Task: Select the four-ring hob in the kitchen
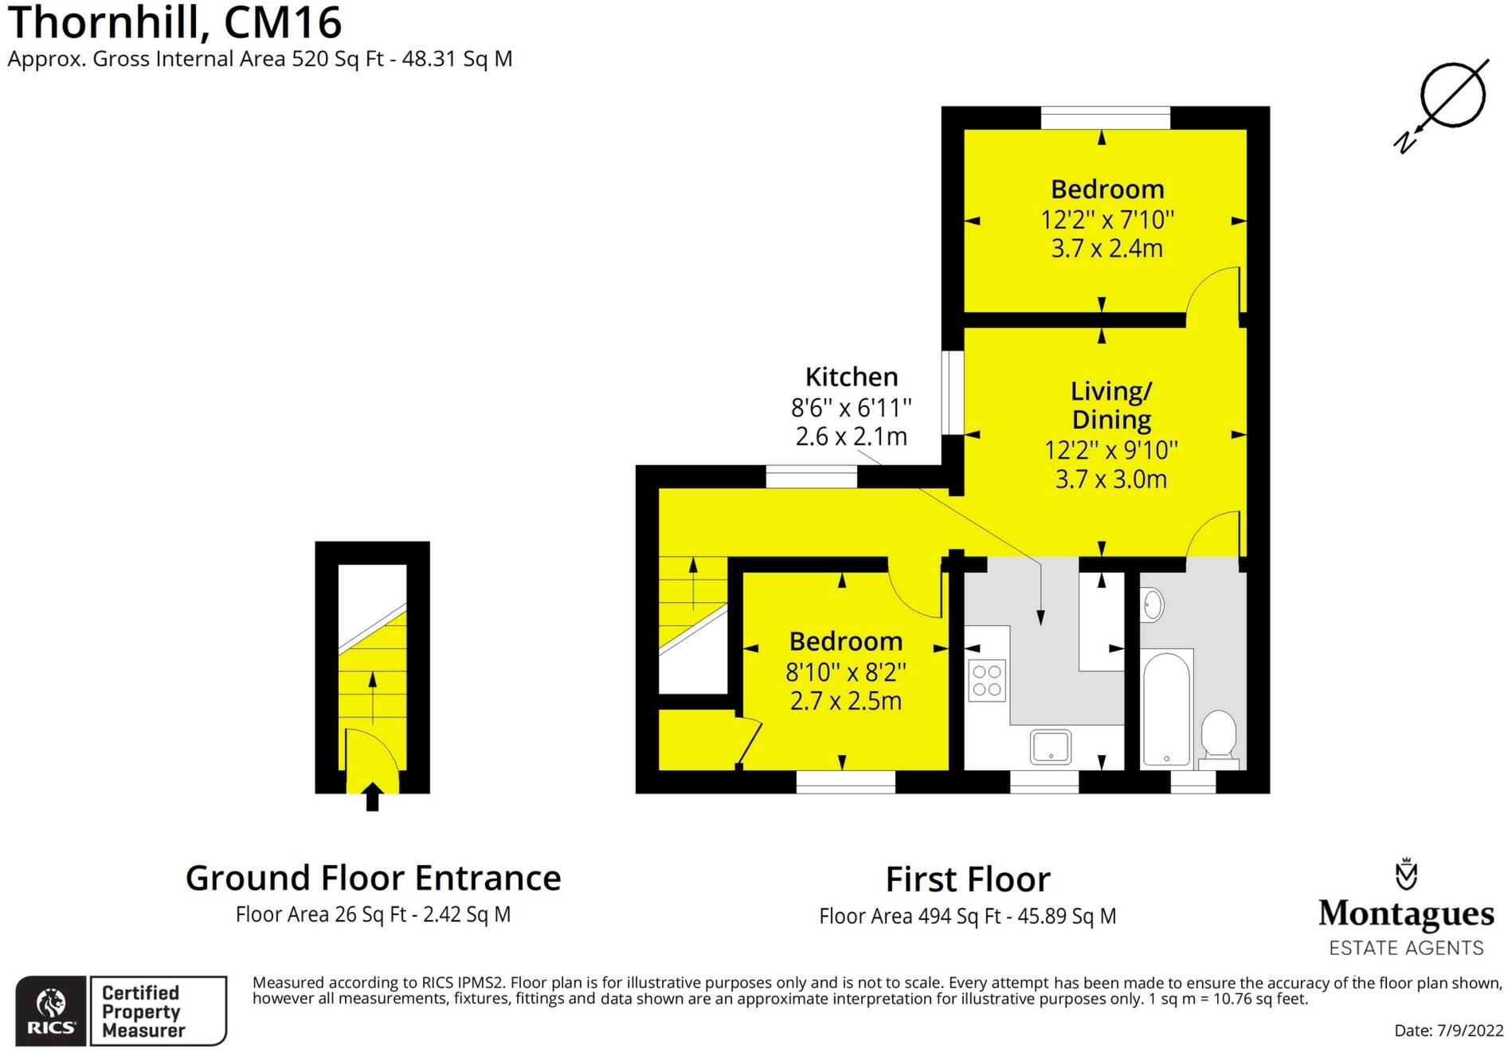coord(987,681)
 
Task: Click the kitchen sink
coord(1051,746)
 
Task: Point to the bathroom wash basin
coord(1152,605)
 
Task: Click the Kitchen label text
coord(851,377)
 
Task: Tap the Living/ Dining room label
coord(1110,405)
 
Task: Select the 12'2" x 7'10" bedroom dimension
coord(1107,219)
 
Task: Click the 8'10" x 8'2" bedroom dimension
coord(846,672)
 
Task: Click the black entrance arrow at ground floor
coord(372,797)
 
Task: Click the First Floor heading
coord(967,879)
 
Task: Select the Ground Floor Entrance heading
coord(373,878)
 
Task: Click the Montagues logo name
coord(1405,914)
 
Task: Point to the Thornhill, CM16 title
coord(174,22)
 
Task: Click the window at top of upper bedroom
coord(1105,118)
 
